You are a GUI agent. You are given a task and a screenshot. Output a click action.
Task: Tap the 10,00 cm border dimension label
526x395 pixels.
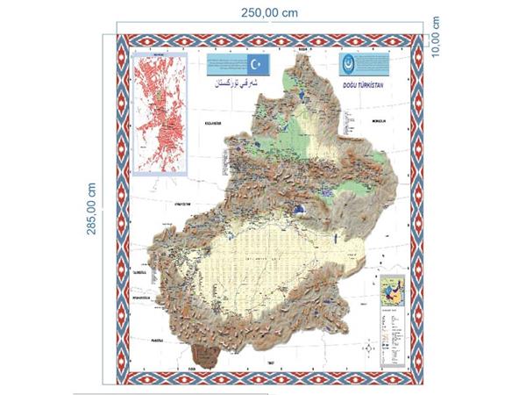[x=436, y=37]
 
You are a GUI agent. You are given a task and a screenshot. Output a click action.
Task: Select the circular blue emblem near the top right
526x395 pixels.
[x=349, y=67]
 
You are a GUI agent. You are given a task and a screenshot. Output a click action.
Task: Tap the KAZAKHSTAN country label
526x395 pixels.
[x=216, y=124]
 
